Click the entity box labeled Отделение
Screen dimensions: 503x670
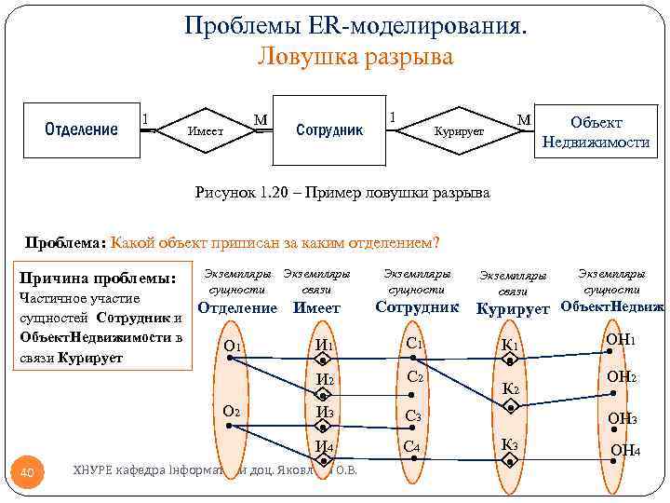point(81,129)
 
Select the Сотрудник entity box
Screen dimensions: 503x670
point(328,129)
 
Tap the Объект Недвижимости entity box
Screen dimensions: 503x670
point(596,132)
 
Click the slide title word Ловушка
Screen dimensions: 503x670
point(307,58)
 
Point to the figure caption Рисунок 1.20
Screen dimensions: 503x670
point(342,193)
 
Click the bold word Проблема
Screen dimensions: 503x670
point(64,244)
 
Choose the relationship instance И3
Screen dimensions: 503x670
point(325,413)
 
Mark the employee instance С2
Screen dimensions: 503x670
point(414,378)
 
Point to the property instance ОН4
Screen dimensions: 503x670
point(623,452)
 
